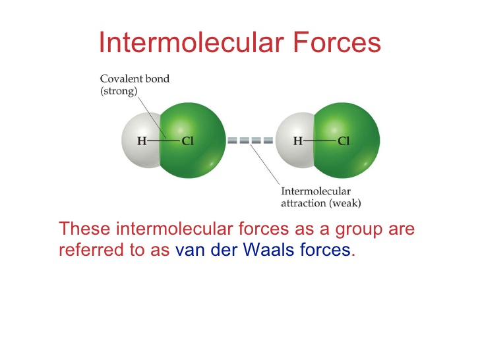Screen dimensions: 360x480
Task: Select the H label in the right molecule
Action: point(298,140)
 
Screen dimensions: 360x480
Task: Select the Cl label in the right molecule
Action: point(344,140)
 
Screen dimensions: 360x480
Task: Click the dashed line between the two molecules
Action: point(250,140)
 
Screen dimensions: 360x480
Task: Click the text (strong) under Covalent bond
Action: point(119,92)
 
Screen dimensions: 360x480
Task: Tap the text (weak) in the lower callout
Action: point(346,203)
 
